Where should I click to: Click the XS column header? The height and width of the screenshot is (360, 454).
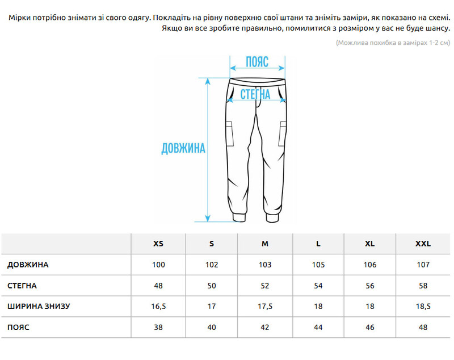point(158,244)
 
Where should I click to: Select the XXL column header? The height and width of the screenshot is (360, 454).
point(423,244)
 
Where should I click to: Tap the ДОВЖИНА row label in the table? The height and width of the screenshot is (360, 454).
point(28,265)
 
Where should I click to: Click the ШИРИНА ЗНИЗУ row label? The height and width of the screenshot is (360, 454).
point(39,307)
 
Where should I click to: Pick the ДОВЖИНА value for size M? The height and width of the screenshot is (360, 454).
point(265,265)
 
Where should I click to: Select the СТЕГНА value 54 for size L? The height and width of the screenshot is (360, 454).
point(318,286)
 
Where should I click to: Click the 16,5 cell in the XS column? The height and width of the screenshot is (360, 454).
point(158,307)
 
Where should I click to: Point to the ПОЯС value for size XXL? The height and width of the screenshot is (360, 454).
point(423,328)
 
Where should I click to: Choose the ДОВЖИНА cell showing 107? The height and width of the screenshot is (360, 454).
point(423,265)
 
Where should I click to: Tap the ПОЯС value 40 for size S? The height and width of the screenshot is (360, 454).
point(212,328)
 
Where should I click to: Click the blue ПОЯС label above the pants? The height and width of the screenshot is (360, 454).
point(257,62)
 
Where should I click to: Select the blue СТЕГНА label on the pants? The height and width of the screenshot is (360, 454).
point(255,94)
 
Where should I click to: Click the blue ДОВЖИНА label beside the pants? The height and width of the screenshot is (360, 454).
point(183,149)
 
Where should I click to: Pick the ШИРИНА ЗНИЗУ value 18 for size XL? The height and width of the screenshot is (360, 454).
point(370,307)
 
